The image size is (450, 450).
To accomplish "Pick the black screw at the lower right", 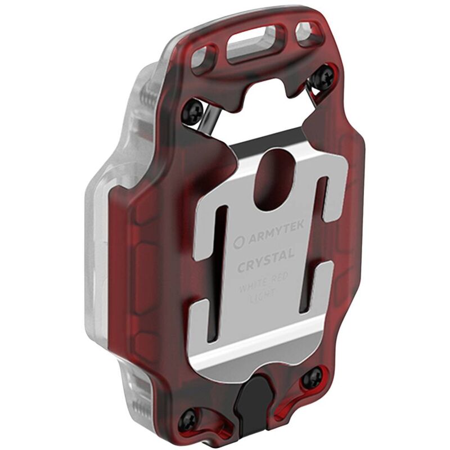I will click(312, 379).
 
